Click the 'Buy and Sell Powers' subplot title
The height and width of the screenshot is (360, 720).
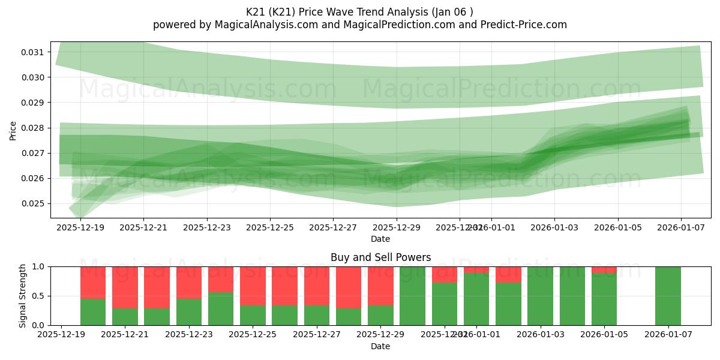click(x=380, y=257)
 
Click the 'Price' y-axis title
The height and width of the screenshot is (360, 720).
click(x=13, y=130)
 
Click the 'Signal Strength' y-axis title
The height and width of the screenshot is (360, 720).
click(x=22, y=296)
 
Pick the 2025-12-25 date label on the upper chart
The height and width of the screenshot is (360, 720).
click(x=270, y=227)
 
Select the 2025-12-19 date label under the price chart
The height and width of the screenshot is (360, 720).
click(x=80, y=227)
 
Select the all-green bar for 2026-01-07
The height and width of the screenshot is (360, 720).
click(x=668, y=296)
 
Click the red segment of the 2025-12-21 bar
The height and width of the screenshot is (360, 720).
click(x=125, y=287)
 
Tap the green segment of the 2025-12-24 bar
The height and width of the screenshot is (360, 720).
click(x=221, y=308)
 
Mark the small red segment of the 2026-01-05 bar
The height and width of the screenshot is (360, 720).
click(x=604, y=269)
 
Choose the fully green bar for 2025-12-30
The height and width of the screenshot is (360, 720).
click(x=412, y=296)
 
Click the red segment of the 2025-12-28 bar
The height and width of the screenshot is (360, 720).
click(x=349, y=287)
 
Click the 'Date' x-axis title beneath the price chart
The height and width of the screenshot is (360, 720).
click(x=380, y=239)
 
